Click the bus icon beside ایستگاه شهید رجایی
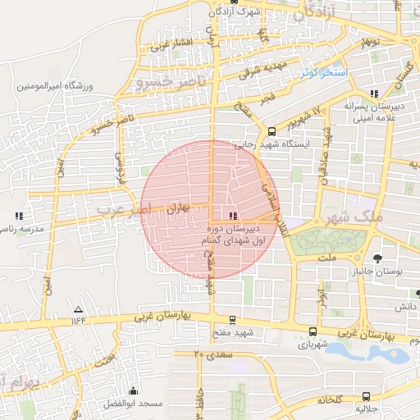pos(272,131)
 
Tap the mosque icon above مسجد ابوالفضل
pos(133,391)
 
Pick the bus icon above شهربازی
pos(313,332)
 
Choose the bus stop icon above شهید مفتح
pos(232,320)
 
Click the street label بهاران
pos(178,210)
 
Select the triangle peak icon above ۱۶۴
pos(78,309)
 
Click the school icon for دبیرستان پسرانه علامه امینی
pos(375,94)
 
